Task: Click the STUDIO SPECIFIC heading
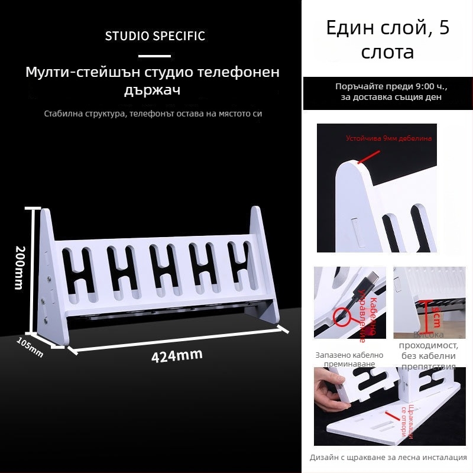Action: [x=155, y=36]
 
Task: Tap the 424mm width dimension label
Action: [x=177, y=355]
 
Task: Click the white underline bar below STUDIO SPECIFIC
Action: [x=154, y=56]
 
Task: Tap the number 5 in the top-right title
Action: [x=443, y=28]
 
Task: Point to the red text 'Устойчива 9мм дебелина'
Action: [x=388, y=138]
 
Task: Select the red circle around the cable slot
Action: [x=341, y=317]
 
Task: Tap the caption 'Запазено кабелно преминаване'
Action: [x=349, y=359]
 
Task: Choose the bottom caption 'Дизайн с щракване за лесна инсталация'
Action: [x=388, y=457]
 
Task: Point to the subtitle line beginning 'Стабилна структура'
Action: [x=153, y=113]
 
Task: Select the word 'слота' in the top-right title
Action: [x=387, y=52]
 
